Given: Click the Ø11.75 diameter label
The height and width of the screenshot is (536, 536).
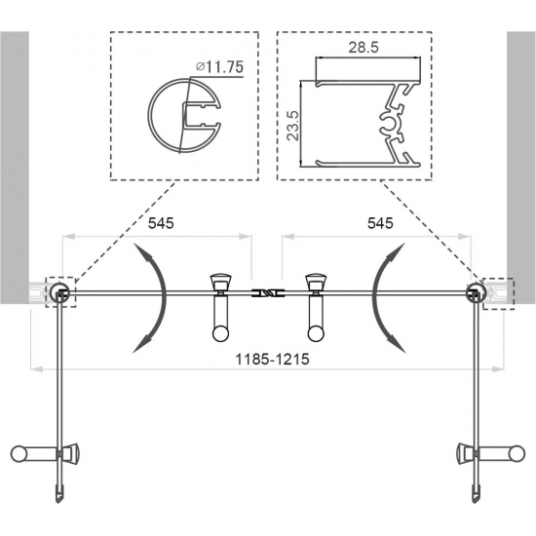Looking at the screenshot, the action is [219, 66].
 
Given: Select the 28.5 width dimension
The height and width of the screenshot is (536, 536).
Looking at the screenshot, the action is [364, 48].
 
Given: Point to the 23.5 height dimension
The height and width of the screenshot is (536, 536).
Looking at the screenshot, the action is [293, 125].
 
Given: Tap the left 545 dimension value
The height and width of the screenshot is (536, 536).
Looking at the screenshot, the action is [161, 223].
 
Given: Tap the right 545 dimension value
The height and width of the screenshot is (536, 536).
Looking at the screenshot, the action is [380, 223].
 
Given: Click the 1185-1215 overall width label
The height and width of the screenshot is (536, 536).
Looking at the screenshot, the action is [273, 360].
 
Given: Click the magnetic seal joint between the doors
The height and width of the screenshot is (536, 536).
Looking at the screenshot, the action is [267, 293].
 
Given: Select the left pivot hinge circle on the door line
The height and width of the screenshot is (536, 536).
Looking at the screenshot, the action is [58, 292].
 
